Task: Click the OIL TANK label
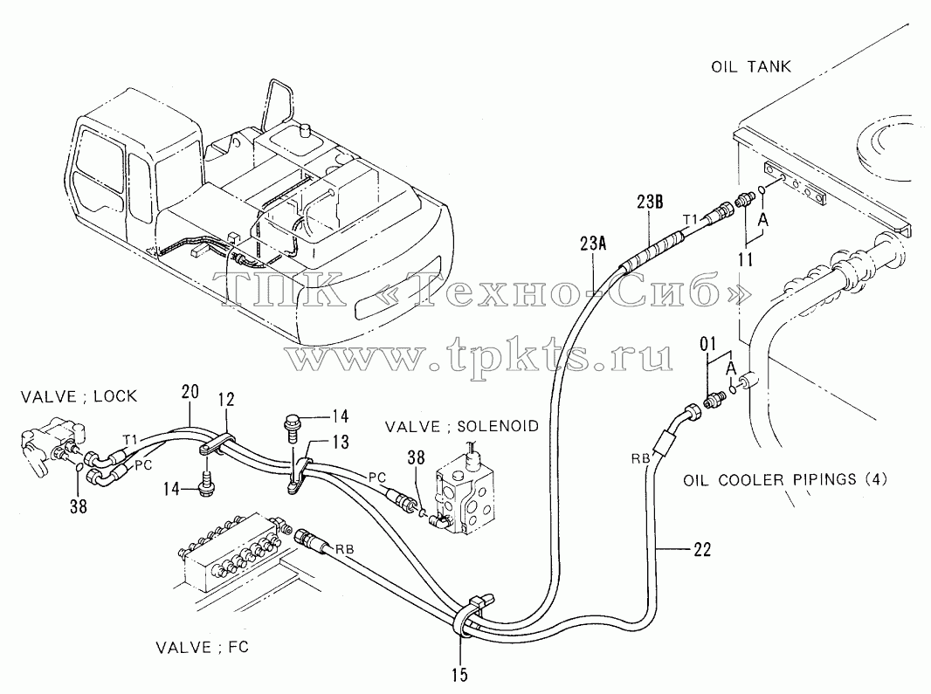click(751, 66)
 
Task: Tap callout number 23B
click(650, 202)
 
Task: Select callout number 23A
click(593, 244)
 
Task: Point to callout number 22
click(702, 550)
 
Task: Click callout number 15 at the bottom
click(459, 675)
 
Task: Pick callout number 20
click(190, 392)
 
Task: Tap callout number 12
click(226, 399)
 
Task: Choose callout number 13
click(341, 443)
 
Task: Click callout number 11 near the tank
click(746, 259)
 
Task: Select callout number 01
click(708, 344)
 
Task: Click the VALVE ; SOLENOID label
click(462, 426)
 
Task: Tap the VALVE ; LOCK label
click(79, 396)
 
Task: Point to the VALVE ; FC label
click(203, 647)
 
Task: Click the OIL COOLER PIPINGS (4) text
click(785, 479)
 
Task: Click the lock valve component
click(52, 445)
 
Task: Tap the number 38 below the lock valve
click(79, 506)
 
